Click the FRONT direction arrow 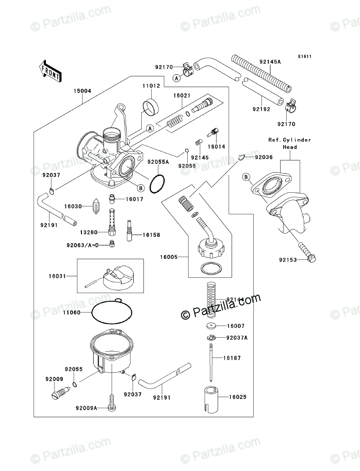pos(49,71)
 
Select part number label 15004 pos(82,91)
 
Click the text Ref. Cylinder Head pos(289,143)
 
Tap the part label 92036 pos(264,157)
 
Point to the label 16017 pos(134,199)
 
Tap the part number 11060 pos(72,312)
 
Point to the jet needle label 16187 pos(238,358)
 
